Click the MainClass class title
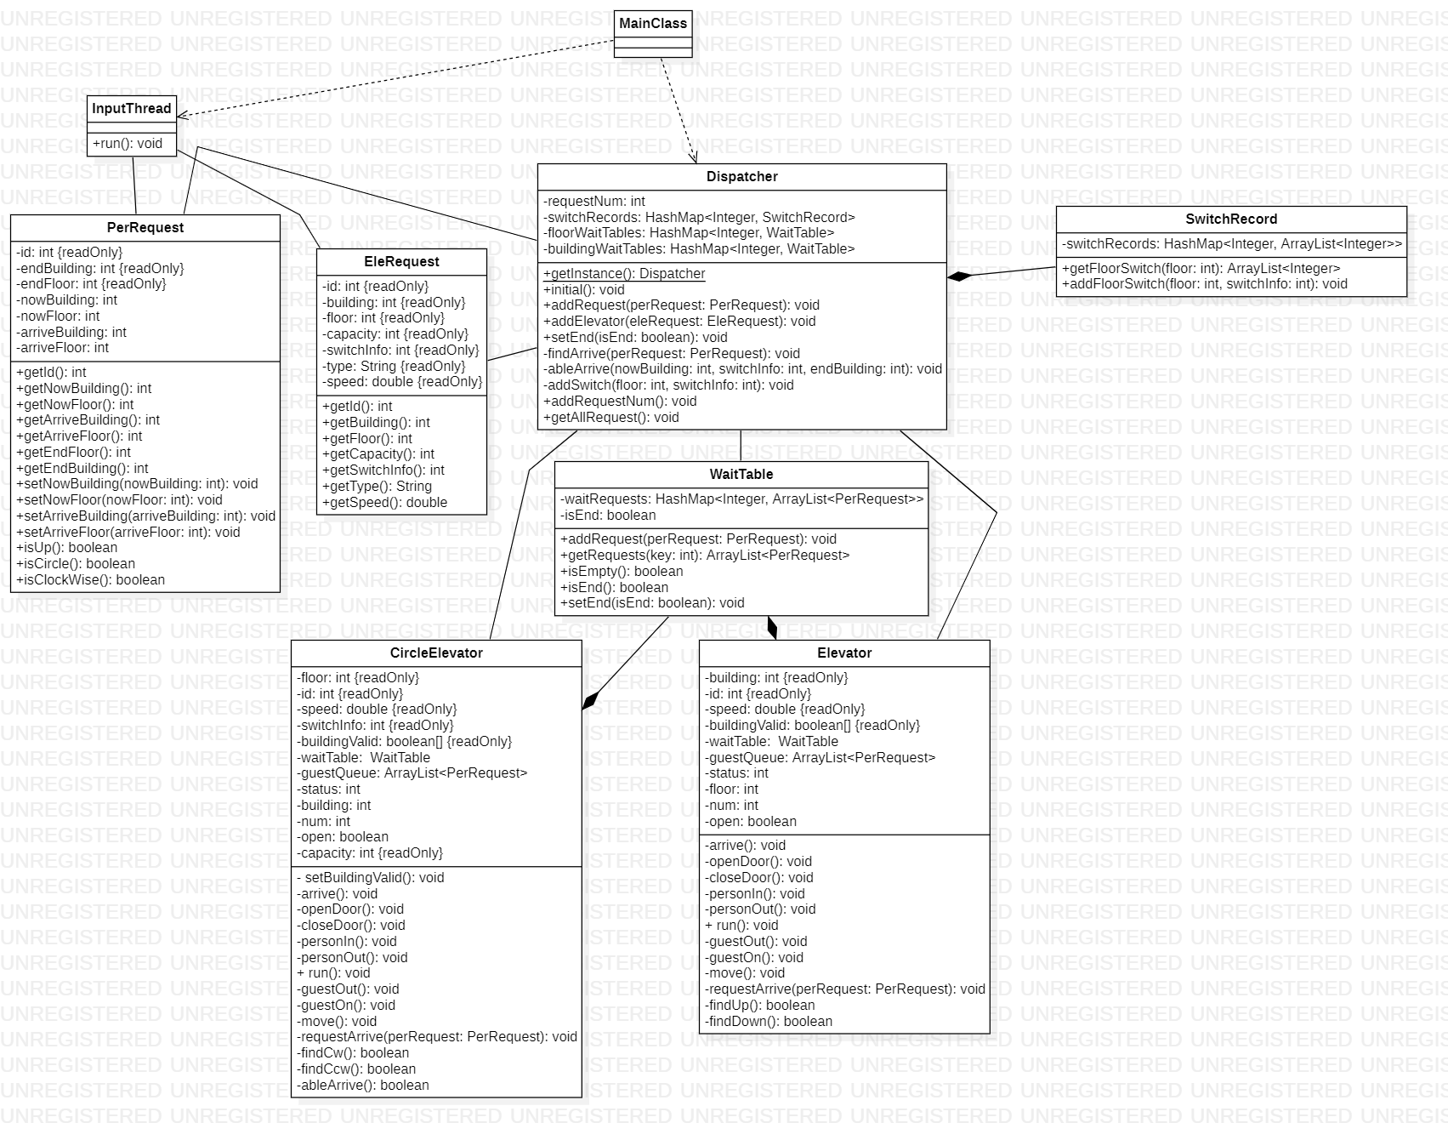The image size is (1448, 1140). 653,24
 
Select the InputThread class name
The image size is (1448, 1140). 132,108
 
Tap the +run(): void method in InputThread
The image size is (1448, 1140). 128,144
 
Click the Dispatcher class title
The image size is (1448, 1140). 741,177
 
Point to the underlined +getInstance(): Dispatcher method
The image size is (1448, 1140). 624,274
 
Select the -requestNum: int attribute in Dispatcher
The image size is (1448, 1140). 593,202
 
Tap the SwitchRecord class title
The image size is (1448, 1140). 1230,219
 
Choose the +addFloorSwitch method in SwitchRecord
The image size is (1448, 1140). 1204,283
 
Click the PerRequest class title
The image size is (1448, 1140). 145,228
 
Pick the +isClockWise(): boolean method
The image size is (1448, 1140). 90,579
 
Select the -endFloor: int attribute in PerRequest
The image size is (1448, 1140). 91,283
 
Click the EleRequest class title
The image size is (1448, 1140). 401,262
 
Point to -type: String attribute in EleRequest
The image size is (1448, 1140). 394,366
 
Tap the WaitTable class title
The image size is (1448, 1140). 741,475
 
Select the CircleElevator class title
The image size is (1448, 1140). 436,653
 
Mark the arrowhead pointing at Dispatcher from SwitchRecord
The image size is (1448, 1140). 955,276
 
